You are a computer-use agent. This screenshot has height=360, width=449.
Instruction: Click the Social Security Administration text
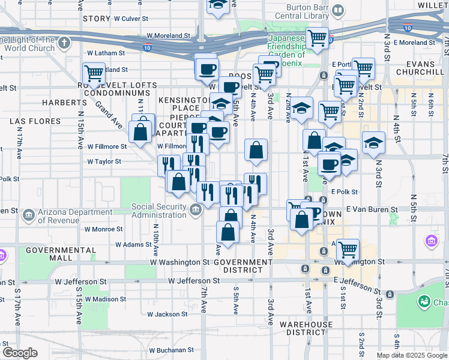point(160,211)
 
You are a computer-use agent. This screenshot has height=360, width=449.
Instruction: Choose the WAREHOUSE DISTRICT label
point(306,328)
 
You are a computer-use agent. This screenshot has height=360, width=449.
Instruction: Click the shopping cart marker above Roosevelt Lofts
point(94,74)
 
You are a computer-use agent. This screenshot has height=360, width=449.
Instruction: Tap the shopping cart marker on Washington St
point(348,248)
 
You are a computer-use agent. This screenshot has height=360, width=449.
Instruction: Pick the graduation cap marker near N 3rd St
point(373,143)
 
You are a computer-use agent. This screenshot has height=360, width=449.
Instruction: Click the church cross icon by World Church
point(64,43)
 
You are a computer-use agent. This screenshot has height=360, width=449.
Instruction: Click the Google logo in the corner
point(20,352)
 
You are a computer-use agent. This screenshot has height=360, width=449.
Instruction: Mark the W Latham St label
point(106,53)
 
